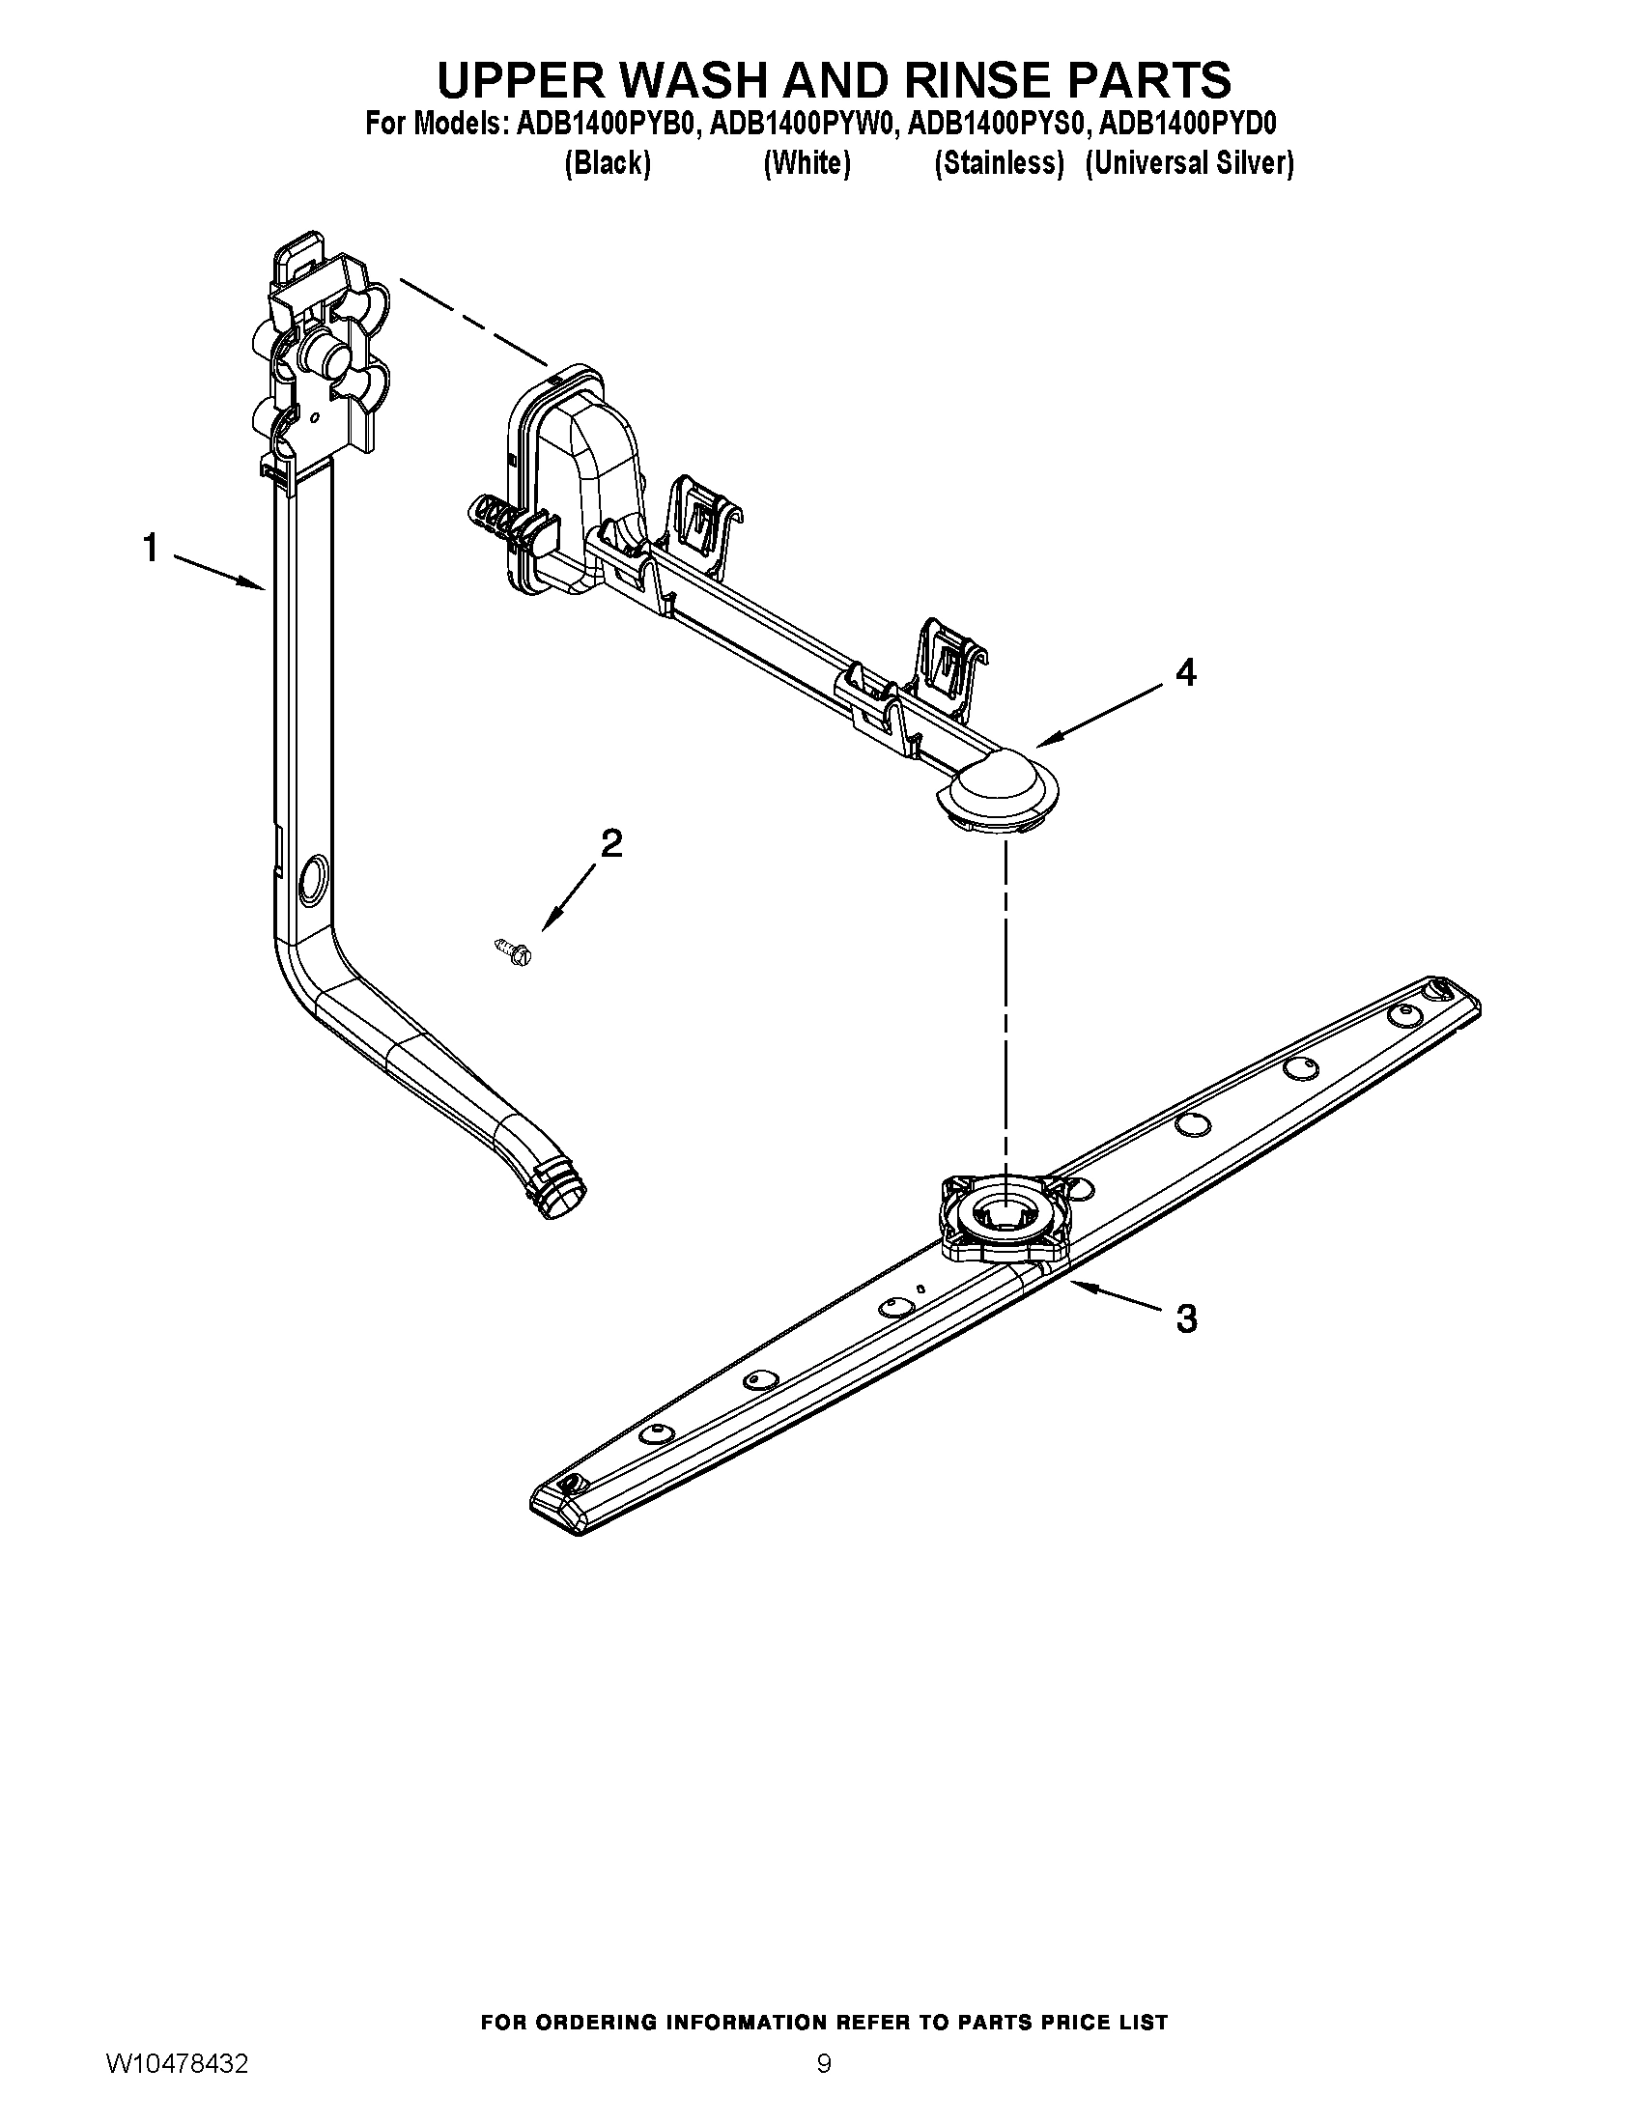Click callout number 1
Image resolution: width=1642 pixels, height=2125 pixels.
point(150,548)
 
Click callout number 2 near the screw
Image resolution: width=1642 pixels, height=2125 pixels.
point(610,842)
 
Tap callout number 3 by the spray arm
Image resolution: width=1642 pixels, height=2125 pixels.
point(1186,1318)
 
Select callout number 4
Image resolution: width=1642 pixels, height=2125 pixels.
point(1185,671)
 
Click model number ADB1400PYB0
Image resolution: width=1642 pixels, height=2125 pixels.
point(608,125)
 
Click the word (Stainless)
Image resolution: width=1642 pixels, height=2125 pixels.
point(998,163)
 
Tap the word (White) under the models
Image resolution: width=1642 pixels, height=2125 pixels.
point(807,163)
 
